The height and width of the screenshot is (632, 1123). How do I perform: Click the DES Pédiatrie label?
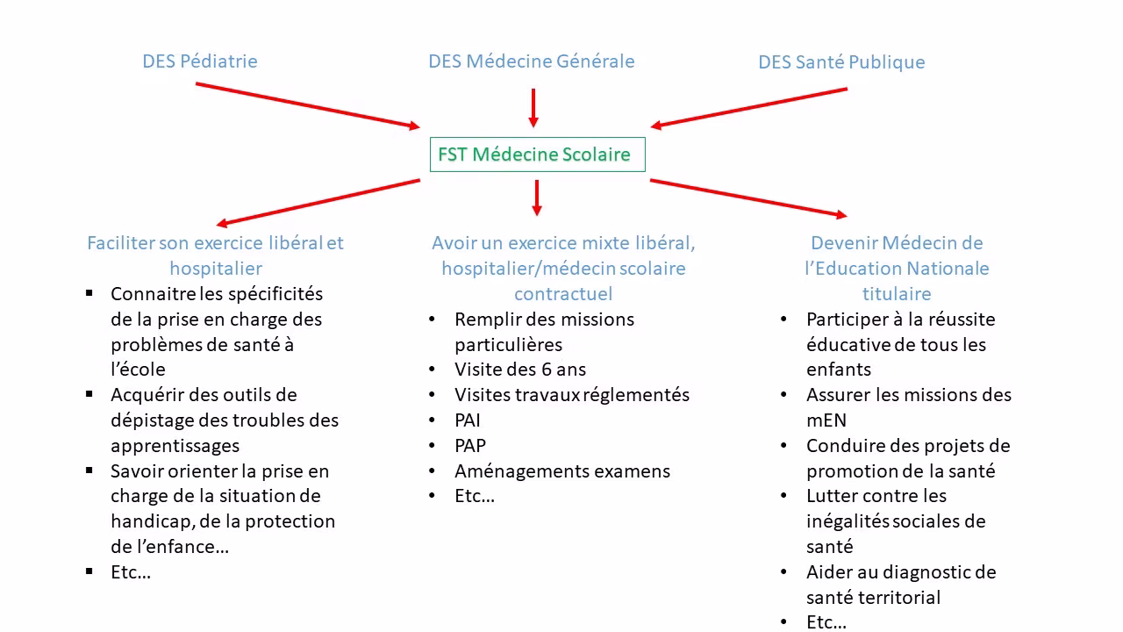click(x=200, y=61)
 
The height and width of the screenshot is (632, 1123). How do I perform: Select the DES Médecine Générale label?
click(x=531, y=61)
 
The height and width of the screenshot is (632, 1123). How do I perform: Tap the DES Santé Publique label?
click(x=841, y=62)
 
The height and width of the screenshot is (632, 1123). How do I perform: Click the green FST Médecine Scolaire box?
click(x=537, y=154)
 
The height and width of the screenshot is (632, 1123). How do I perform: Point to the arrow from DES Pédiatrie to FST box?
click(x=307, y=105)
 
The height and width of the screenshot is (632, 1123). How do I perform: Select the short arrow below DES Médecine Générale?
click(x=533, y=107)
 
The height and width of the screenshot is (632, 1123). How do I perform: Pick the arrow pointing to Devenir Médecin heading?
click(x=747, y=197)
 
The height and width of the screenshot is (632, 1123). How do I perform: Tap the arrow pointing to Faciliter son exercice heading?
click(x=318, y=203)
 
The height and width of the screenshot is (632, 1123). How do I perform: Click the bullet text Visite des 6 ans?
click(x=519, y=370)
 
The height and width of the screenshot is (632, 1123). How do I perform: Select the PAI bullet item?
click(x=468, y=420)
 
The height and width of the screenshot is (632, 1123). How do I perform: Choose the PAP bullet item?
click(x=470, y=446)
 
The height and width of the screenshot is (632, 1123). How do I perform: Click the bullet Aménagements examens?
click(x=561, y=471)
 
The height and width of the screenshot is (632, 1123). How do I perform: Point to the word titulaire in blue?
click(x=896, y=294)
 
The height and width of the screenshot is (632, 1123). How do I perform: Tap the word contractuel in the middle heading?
click(x=562, y=294)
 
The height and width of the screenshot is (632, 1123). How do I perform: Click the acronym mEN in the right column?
click(x=826, y=420)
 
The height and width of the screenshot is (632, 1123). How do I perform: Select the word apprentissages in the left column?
click(x=175, y=446)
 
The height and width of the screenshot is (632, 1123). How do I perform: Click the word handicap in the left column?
click(x=150, y=521)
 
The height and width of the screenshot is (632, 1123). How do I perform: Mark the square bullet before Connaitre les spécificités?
click(x=89, y=293)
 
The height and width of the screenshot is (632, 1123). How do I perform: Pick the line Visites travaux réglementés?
click(x=571, y=395)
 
